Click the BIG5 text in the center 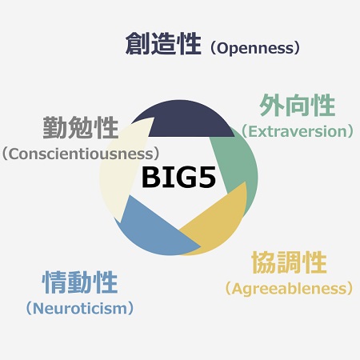click(178, 178)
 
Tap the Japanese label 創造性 click(163, 44)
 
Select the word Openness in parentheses click(255, 49)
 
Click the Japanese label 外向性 click(298, 106)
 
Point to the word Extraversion click(298, 131)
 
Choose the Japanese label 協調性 click(290, 262)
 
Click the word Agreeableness click(289, 289)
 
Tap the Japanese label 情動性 click(80, 282)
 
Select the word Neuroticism click(80, 309)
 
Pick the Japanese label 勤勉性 click(81, 127)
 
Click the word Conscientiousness click(81, 154)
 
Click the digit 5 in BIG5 click(206, 178)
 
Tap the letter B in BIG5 click(150, 178)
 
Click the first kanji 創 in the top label click(138, 44)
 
